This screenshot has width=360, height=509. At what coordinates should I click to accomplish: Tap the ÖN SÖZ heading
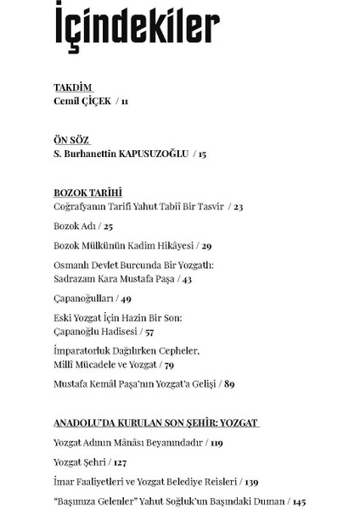[x=71, y=140]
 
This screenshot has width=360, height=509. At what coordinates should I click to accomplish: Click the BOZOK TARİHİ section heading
[x=87, y=193]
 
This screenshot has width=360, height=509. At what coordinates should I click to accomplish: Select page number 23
[x=239, y=206]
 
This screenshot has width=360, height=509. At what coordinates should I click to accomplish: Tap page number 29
[x=206, y=246]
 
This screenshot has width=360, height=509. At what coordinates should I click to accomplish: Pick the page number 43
[x=187, y=279]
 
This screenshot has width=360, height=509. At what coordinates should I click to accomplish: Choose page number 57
[x=149, y=332]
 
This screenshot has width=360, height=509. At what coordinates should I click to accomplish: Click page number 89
[x=229, y=384]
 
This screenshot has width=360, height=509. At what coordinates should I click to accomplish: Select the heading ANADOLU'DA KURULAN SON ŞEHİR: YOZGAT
[x=156, y=422]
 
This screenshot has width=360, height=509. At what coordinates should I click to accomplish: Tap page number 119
[x=217, y=442]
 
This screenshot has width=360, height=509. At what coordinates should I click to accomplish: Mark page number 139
[x=252, y=482]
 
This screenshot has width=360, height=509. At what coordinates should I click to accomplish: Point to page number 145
[x=299, y=501]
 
